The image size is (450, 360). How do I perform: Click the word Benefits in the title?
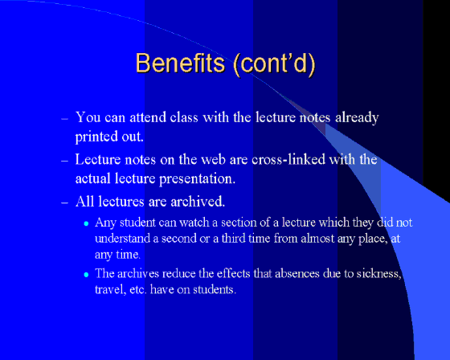click(x=180, y=63)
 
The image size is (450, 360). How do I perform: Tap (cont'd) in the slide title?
click(x=274, y=63)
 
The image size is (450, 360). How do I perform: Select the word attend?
click(x=148, y=117)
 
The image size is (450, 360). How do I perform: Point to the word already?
click(x=357, y=118)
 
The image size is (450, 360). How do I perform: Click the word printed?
click(x=96, y=137)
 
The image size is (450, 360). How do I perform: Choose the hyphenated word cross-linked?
click(x=288, y=159)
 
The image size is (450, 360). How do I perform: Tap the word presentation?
click(x=197, y=179)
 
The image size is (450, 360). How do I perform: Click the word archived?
click(x=198, y=201)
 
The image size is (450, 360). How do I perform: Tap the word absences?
click(x=297, y=273)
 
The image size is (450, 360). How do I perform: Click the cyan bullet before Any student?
click(x=86, y=223)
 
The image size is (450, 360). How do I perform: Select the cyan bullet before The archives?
click(x=86, y=275)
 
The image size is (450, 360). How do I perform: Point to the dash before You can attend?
click(x=64, y=118)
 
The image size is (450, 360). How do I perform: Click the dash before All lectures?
click(x=64, y=202)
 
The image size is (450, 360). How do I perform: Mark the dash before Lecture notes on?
click(x=64, y=161)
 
